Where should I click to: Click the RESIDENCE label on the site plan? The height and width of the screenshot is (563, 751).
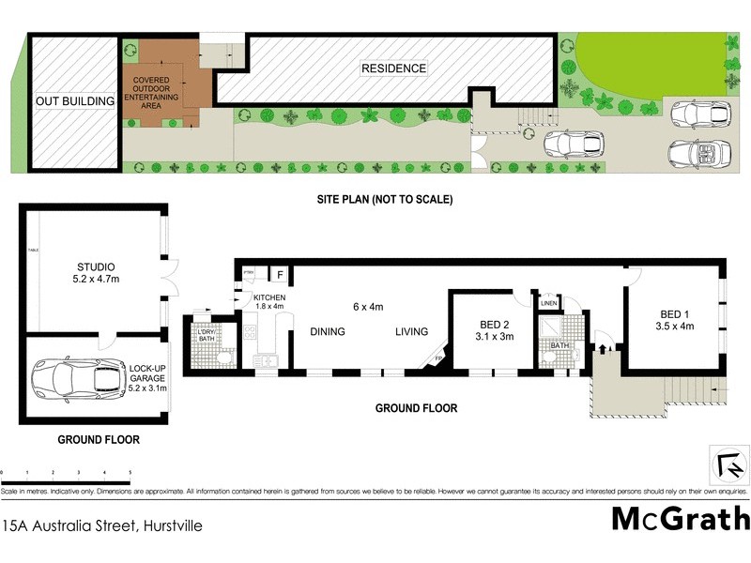tap(394, 68)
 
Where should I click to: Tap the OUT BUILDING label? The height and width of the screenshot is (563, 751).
tap(74, 101)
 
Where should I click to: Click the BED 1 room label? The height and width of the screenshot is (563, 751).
tap(676, 320)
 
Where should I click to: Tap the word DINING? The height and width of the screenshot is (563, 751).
tap(329, 331)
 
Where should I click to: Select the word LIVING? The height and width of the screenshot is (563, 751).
tap(411, 331)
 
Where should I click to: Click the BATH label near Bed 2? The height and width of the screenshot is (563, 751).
tap(560, 346)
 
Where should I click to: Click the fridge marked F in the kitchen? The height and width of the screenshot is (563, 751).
tap(280, 274)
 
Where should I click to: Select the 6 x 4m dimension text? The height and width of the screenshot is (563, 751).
tap(368, 307)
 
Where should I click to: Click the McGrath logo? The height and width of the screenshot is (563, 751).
tap(681, 519)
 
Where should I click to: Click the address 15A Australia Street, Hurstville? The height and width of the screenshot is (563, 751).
tap(102, 527)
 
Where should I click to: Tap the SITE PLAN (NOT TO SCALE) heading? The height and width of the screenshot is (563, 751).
tap(384, 200)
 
